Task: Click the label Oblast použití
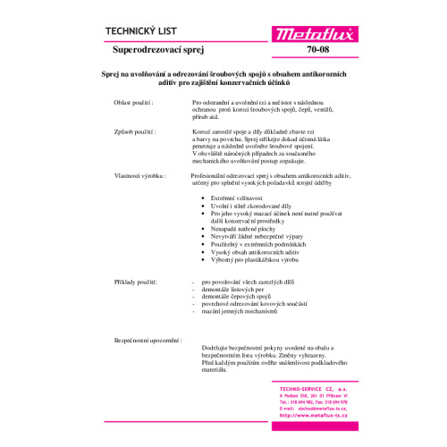click(x=133, y=104)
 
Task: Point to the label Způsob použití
click(x=133, y=132)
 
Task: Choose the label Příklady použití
click(x=135, y=283)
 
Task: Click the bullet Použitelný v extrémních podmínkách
click(x=259, y=243)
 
